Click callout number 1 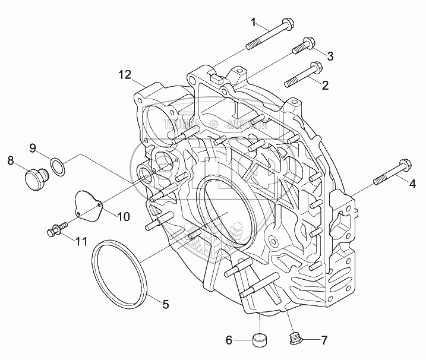tap(254, 23)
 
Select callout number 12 tap(124, 74)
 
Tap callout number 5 tap(166, 305)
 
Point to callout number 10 tap(122, 217)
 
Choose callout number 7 tap(324, 340)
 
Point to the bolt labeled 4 tap(391, 171)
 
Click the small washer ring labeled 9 tap(57, 166)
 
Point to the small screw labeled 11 tap(53, 229)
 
